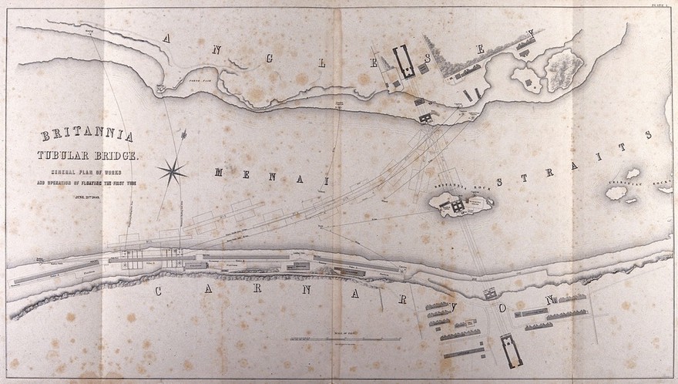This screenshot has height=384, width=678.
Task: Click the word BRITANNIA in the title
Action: pyautogui.click(x=86, y=136)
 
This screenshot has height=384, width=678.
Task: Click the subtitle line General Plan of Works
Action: pyautogui.click(x=86, y=173)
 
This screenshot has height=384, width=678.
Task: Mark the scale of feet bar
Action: pyautogui.click(x=344, y=339)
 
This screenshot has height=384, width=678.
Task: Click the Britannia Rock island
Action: pyautogui.click(x=460, y=206)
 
